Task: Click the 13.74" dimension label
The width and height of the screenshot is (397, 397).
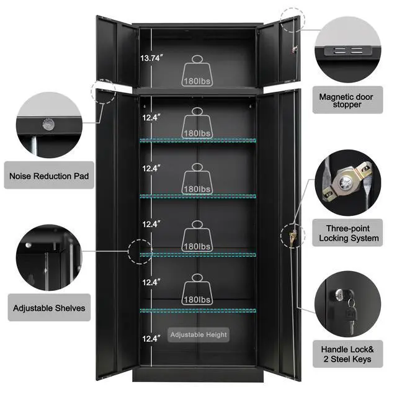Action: pos(151,58)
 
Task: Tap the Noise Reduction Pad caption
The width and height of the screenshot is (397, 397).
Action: pos(49,176)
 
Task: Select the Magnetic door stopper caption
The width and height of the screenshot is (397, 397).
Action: pos(346,100)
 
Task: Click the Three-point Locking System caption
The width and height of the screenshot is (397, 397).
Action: pos(349,233)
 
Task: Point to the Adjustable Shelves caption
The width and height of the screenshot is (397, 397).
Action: pos(49,308)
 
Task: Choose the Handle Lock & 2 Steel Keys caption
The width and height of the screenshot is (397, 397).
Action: pos(347,354)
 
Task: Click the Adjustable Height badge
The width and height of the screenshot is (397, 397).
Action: pos(198,335)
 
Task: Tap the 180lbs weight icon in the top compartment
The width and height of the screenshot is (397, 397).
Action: pos(197,71)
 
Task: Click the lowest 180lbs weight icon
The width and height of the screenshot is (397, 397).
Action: pos(197,289)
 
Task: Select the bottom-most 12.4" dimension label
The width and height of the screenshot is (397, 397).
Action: pos(151,339)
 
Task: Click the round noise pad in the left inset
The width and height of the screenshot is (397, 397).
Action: pos(48,125)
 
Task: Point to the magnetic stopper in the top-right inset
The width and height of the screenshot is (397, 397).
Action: pos(348,50)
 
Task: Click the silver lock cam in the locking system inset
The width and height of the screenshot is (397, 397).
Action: pos(346,182)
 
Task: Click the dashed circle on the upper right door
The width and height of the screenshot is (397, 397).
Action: pos(293,20)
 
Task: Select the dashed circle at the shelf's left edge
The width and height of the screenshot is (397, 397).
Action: pos(140,252)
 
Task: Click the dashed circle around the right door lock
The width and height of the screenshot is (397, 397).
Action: pos(293,236)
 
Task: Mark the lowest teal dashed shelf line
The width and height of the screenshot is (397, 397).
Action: pos(198,310)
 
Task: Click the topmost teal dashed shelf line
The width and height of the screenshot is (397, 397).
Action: pos(198,140)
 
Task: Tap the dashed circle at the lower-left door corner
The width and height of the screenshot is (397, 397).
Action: pos(104,91)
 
